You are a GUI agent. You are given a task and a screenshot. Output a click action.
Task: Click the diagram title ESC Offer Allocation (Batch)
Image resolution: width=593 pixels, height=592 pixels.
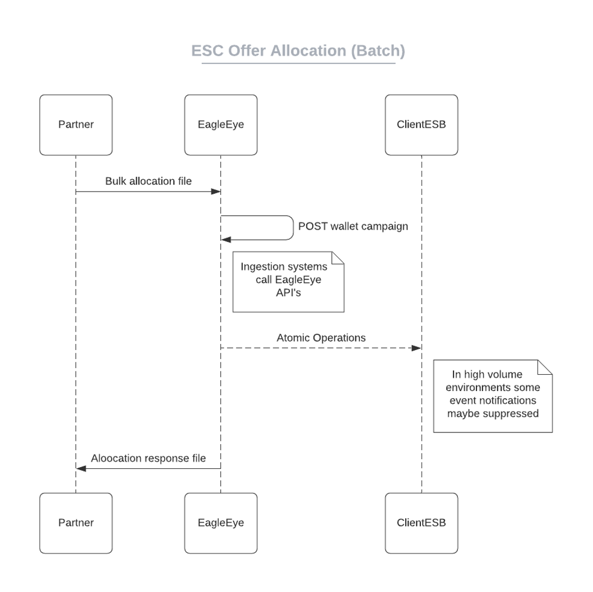pyautogui.click(x=298, y=51)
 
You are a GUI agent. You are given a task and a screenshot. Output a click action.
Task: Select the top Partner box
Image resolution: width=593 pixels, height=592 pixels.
pyautogui.click(x=76, y=125)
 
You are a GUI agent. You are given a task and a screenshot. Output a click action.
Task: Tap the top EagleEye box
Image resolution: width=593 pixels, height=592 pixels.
pyautogui.click(x=221, y=125)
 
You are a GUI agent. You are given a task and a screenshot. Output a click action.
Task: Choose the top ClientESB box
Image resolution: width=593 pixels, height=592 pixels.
pyautogui.click(x=421, y=125)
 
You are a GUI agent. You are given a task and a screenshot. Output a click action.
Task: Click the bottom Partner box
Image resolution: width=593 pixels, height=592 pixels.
pyautogui.click(x=76, y=523)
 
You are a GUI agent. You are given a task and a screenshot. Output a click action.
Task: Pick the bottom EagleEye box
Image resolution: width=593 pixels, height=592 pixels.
pyautogui.click(x=221, y=523)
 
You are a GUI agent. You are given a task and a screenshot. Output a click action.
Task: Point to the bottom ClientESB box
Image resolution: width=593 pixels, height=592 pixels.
pyautogui.click(x=421, y=523)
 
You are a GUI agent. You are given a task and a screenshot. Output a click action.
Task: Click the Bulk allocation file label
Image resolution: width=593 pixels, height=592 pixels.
pyautogui.click(x=149, y=181)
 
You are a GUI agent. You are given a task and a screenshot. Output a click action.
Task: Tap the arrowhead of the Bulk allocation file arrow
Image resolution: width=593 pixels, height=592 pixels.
pyautogui.click(x=215, y=192)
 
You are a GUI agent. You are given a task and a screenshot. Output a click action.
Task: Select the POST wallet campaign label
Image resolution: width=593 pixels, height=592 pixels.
pyautogui.click(x=353, y=227)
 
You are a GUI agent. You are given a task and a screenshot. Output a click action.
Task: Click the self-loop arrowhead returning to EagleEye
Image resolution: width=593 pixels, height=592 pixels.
pyautogui.click(x=226, y=240)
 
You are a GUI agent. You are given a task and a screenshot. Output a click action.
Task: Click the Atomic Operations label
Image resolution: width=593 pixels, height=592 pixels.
pyautogui.click(x=321, y=338)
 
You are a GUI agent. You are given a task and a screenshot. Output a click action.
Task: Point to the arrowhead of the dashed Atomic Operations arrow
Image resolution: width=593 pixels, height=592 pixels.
pyautogui.click(x=416, y=348)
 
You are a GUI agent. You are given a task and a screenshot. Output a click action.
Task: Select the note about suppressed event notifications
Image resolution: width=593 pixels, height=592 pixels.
pyautogui.click(x=493, y=395)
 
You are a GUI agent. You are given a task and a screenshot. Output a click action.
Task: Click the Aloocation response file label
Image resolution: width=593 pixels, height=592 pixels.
pyautogui.click(x=149, y=458)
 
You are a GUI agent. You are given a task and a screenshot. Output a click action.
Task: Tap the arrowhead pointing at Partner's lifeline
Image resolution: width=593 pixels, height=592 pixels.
pyautogui.click(x=81, y=468)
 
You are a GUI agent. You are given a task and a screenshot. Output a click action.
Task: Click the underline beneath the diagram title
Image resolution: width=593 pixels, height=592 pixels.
pyautogui.click(x=298, y=63)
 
